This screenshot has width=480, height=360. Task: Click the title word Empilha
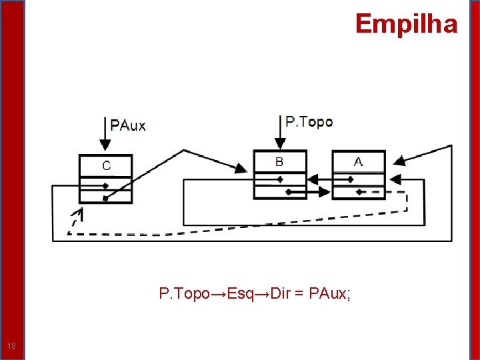(x=406, y=24)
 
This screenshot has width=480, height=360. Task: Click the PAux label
(x=128, y=125)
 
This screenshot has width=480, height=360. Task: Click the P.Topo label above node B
(x=309, y=121)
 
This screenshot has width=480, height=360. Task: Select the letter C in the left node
(x=106, y=165)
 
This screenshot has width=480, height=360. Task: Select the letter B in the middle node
(x=279, y=161)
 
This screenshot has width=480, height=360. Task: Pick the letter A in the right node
(x=359, y=161)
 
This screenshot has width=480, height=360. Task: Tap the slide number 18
(x=12, y=345)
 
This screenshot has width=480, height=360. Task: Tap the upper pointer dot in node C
(x=105, y=186)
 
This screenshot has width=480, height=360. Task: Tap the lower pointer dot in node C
(x=105, y=198)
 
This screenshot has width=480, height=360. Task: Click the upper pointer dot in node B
(x=280, y=179)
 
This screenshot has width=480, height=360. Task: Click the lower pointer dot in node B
(x=288, y=192)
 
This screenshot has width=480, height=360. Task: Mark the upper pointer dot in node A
(x=350, y=179)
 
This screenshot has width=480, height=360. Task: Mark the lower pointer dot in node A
(x=359, y=192)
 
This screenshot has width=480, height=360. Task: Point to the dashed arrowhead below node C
(x=79, y=215)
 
